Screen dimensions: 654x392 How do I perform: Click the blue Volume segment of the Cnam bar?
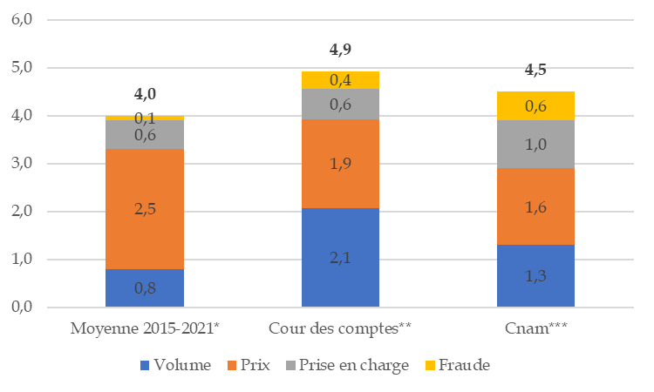[535, 276]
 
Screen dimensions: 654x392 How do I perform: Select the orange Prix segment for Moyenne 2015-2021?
[145, 209]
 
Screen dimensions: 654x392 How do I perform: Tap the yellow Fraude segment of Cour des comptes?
[340, 80]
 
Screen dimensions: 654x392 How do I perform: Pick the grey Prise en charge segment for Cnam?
[535, 144]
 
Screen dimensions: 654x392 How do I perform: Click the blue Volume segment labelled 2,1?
[340, 258]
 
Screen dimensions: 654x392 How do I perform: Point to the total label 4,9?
[340, 50]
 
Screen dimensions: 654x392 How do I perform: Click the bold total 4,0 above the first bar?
[145, 94]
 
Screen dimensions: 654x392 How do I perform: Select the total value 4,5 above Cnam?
[535, 70]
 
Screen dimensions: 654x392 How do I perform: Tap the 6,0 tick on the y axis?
[22, 19]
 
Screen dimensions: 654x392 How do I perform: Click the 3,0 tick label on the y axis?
[22, 163]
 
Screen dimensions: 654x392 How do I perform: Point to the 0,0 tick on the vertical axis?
[22, 307]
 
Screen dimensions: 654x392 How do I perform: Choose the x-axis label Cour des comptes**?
[340, 328]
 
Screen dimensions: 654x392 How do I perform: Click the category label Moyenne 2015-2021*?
[145, 328]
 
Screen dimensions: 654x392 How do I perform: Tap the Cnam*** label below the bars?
[536, 328]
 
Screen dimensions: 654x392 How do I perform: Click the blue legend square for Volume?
[145, 365]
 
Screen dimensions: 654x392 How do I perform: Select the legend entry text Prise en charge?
[354, 365]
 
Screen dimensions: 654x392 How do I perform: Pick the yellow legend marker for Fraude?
[430, 365]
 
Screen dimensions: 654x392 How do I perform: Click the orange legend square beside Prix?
[232, 365]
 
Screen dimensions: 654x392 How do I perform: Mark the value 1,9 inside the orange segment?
[340, 164]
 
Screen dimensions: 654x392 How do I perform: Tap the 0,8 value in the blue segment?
[145, 288]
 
